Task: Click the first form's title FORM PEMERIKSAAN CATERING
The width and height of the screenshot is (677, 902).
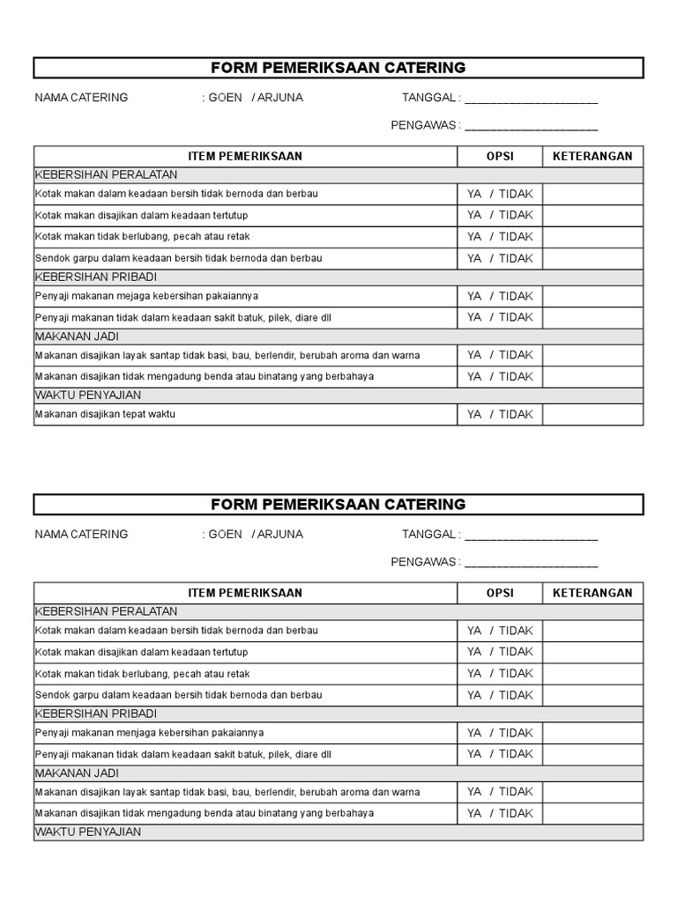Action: [x=338, y=68]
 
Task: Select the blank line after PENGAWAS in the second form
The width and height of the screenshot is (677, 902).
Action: [x=531, y=565]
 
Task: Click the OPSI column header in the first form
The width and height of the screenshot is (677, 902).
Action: [x=500, y=156]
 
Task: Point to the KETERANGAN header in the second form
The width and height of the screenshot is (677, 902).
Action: [x=592, y=593]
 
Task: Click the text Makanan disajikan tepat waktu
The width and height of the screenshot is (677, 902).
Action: [x=105, y=414]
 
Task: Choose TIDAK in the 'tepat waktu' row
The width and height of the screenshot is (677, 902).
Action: [x=516, y=414]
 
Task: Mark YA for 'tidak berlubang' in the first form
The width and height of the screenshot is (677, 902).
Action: [x=474, y=236]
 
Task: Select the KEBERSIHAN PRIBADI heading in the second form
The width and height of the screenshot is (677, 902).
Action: [x=96, y=713]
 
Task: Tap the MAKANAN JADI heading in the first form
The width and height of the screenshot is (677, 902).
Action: [x=77, y=336]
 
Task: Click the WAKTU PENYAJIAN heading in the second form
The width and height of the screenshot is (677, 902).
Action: [x=87, y=832]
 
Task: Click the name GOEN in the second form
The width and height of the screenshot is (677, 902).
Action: [x=225, y=534]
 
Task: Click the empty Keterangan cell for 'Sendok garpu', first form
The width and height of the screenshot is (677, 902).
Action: [x=592, y=258]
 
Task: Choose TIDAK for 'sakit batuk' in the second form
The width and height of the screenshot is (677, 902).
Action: [x=516, y=754]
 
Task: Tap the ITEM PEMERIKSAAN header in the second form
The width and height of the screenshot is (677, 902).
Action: [x=245, y=593]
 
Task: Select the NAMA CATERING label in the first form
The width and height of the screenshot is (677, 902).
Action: [x=81, y=98]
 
